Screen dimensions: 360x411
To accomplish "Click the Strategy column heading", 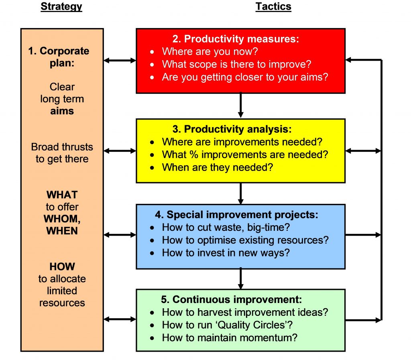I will click(x=61, y=7).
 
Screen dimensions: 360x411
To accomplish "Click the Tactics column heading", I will click(x=273, y=7).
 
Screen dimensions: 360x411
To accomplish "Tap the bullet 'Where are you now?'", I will click(x=210, y=51).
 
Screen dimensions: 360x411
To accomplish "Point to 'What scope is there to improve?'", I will click(x=236, y=64).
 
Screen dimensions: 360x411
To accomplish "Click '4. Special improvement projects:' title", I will click(x=242, y=215).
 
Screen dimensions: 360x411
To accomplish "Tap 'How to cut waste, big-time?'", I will click(x=226, y=228).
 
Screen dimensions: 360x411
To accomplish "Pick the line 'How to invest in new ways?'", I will click(x=226, y=253).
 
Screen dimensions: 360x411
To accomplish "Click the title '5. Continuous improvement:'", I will click(x=237, y=300).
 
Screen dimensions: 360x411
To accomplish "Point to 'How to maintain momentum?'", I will click(x=230, y=338).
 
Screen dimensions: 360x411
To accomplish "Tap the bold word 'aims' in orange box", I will click(x=62, y=111).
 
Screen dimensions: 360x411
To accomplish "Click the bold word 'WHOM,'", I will click(x=61, y=219).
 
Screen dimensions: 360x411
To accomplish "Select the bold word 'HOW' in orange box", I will click(x=62, y=266).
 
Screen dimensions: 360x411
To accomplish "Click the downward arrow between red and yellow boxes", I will click(x=240, y=106).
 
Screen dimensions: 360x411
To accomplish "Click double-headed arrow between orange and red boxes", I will click(x=120, y=61).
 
